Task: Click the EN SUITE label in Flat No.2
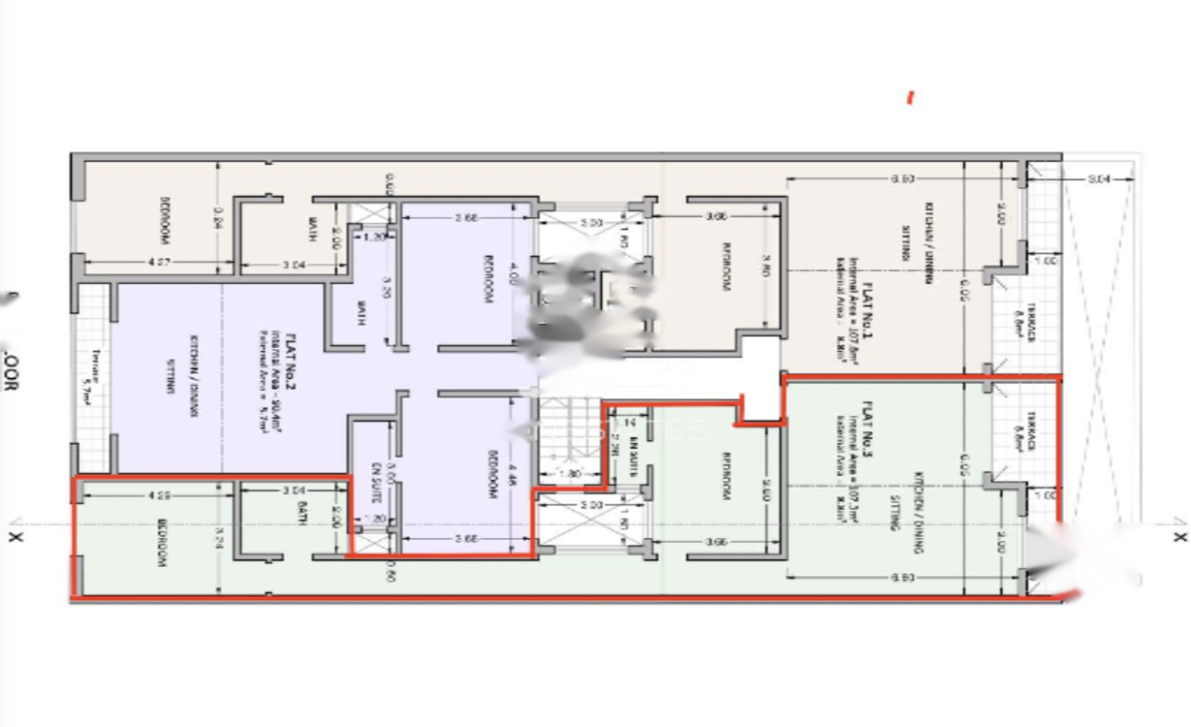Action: [377, 482]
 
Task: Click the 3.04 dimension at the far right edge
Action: [1099, 180]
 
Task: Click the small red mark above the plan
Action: [910, 98]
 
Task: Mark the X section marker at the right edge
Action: [1180, 536]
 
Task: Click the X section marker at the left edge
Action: [14, 536]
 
